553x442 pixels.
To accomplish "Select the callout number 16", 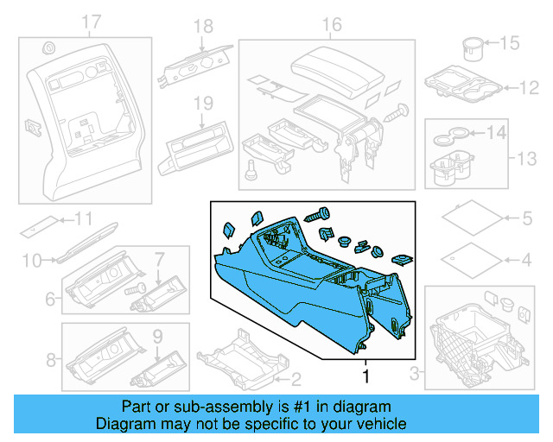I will click(332, 24).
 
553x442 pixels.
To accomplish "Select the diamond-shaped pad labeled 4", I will click(467, 257).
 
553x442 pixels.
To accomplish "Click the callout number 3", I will click(415, 373).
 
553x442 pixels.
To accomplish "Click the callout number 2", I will click(295, 378).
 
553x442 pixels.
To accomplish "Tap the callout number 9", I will click(157, 334).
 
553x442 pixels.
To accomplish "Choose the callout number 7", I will click(159, 258).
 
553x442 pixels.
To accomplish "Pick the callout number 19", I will click(202, 103).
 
